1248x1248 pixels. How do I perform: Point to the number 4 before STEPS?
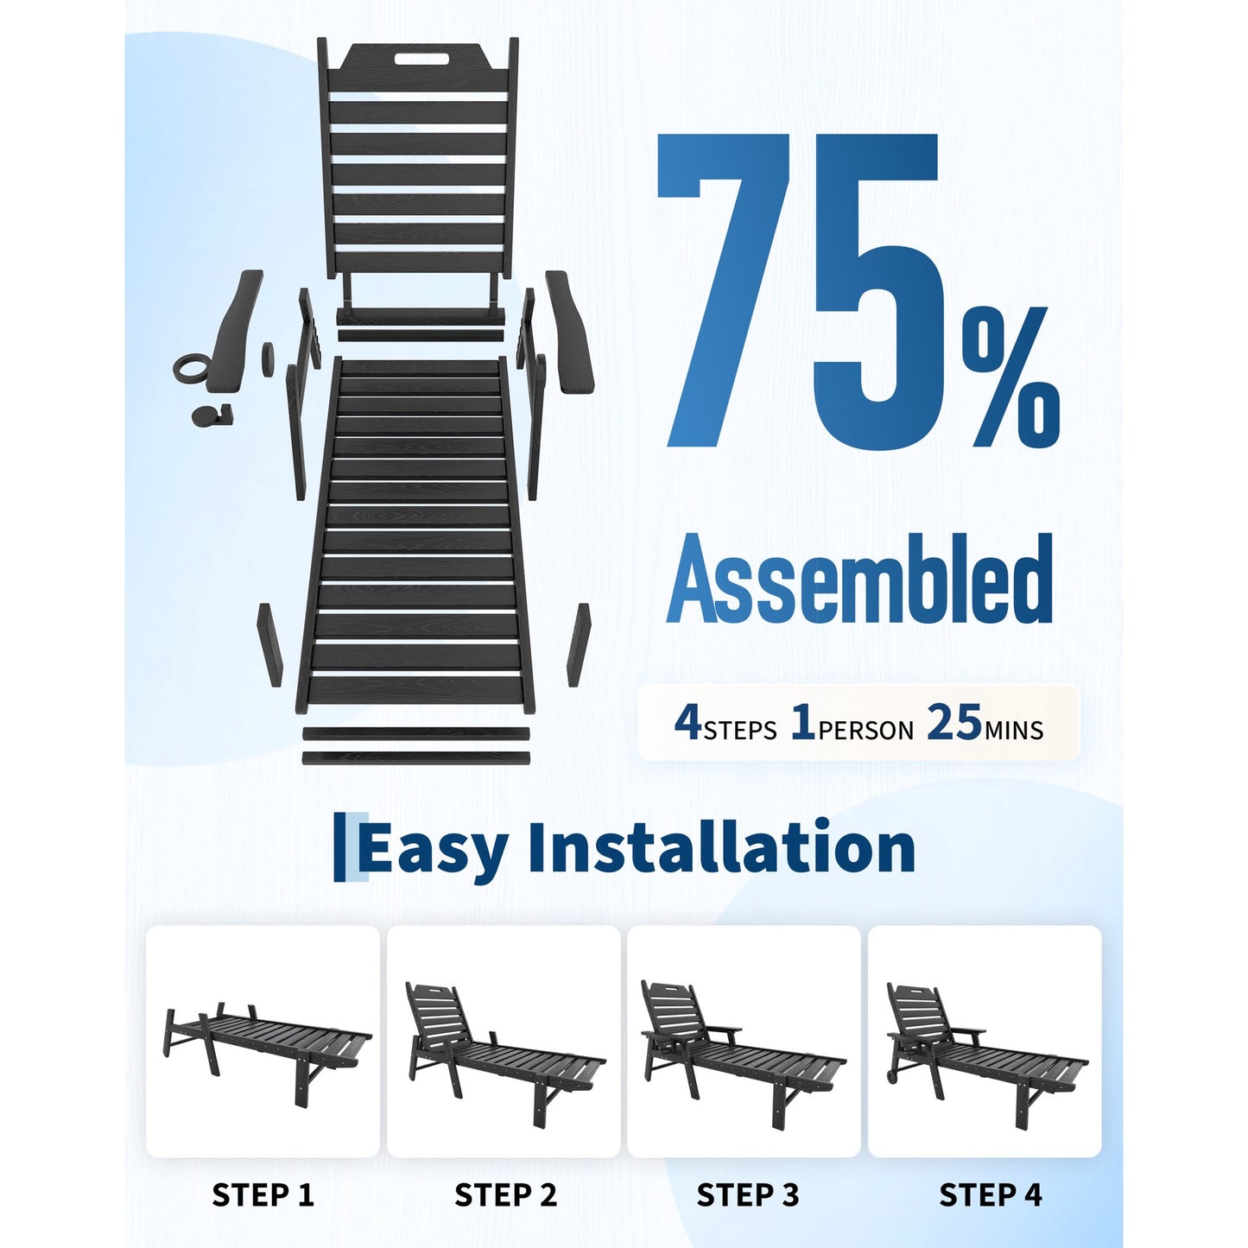coord(687,723)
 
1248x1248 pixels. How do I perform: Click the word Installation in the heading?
coord(721,846)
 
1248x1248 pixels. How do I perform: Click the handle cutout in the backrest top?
coord(421,59)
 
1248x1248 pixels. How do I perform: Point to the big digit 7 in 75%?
coord(719,289)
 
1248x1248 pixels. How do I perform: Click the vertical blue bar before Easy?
coord(340,847)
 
